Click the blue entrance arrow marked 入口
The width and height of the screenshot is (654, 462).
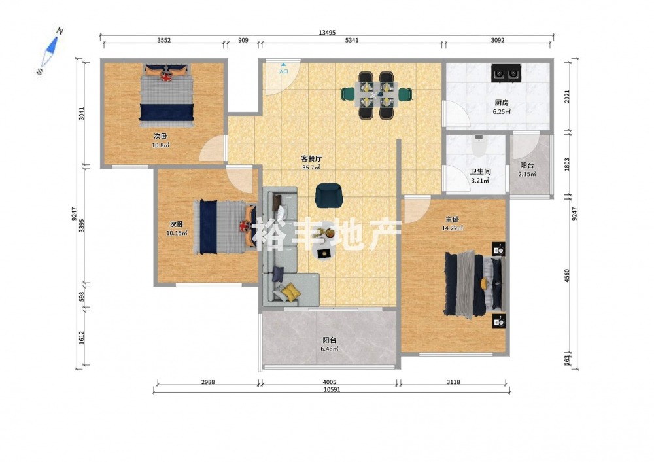pos(284,65)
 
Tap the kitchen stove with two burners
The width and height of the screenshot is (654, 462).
pos(506,73)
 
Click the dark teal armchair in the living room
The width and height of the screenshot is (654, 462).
pos(329,195)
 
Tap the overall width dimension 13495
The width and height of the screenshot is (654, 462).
pos(327,33)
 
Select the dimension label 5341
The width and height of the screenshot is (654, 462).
pos(352,40)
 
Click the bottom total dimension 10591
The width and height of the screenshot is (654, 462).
pos(330,390)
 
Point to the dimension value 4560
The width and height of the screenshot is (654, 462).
pos(567,276)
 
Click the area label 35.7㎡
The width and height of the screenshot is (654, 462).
pos(311,168)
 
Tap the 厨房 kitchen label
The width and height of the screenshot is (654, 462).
pos(502,103)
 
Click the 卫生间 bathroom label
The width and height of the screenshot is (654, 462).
pos(481,171)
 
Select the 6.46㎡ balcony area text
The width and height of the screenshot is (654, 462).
pos(329,349)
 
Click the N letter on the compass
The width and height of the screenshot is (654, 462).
pos(60,31)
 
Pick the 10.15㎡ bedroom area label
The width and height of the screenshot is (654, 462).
pos(177,233)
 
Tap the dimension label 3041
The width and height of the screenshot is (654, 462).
pos(82,113)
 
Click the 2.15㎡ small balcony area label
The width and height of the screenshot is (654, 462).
pos(527,174)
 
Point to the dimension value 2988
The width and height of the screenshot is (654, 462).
pos(208,382)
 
